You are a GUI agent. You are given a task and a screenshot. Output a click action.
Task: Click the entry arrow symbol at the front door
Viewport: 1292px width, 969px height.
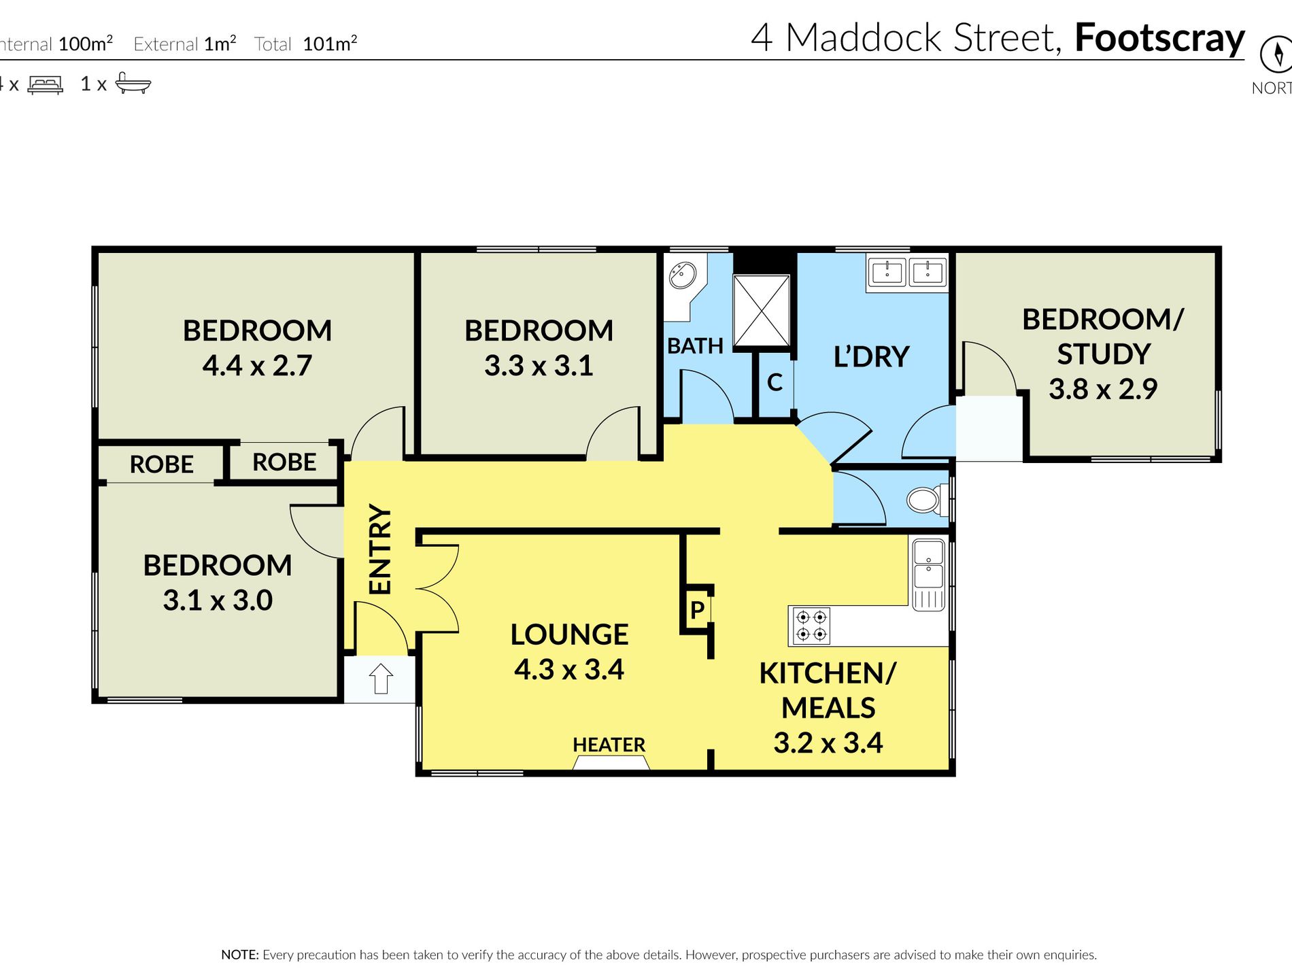[x=381, y=678]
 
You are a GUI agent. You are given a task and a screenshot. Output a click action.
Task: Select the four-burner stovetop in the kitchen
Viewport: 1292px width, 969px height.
[x=811, y=626]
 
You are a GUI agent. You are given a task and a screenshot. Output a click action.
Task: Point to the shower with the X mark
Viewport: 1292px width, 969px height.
[x=762, y=310]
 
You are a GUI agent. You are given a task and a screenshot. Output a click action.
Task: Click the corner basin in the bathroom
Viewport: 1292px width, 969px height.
[x=682, y=275]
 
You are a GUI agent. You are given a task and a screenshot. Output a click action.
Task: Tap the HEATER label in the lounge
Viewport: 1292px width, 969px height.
[x=609, y=745]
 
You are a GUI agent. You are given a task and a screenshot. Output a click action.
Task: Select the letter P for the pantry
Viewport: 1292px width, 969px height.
[x=697, y=610]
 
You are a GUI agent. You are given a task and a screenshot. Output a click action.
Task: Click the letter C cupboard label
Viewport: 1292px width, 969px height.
[x=775, y=382]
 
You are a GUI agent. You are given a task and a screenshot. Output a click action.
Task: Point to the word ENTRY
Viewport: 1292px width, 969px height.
[x=380, y=549]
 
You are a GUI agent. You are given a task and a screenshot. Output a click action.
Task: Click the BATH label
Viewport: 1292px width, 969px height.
[x=695, y=345]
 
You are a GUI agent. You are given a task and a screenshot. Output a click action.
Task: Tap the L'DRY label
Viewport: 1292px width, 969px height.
[x=871, y=356]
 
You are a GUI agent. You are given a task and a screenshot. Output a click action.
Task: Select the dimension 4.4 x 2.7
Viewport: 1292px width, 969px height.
[x=257, y=365]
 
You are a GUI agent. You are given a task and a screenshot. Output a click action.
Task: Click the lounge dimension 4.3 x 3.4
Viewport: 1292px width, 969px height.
[x=569, y=669]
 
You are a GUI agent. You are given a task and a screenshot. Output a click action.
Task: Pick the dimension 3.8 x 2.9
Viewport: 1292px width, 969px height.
[x=1103, y=388]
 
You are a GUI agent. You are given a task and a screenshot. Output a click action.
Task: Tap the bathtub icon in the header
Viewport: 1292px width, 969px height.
[x=133, y=83]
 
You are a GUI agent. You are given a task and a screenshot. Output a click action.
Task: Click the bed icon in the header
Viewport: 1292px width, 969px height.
[x=45, y=84]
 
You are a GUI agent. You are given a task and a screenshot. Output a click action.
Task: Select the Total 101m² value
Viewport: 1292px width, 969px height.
[x=330, y=44]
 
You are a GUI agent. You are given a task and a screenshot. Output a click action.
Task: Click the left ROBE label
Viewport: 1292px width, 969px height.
[x=162, y=464]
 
